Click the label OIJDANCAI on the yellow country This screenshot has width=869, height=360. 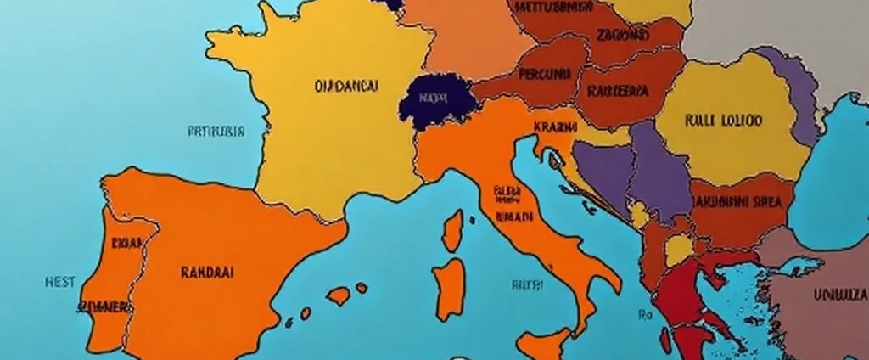[x=346, y=86]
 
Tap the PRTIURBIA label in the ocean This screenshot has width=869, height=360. [x=216, y=132]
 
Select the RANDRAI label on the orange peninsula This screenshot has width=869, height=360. [x=207, y=273]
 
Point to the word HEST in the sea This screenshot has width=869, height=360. [x=59, y=281]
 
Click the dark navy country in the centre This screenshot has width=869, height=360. [x=434, y=102]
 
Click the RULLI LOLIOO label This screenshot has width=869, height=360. [x=722, y=121]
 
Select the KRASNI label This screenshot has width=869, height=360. [x=556, y=127]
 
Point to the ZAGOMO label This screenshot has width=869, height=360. [x=623, y=35]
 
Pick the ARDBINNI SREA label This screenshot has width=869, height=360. [x=738, y=203]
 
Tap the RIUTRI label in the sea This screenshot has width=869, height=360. [x=526, y=286]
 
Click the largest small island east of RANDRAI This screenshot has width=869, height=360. [x=339, y=295]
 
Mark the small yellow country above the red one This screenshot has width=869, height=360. [x=679, y=250]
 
